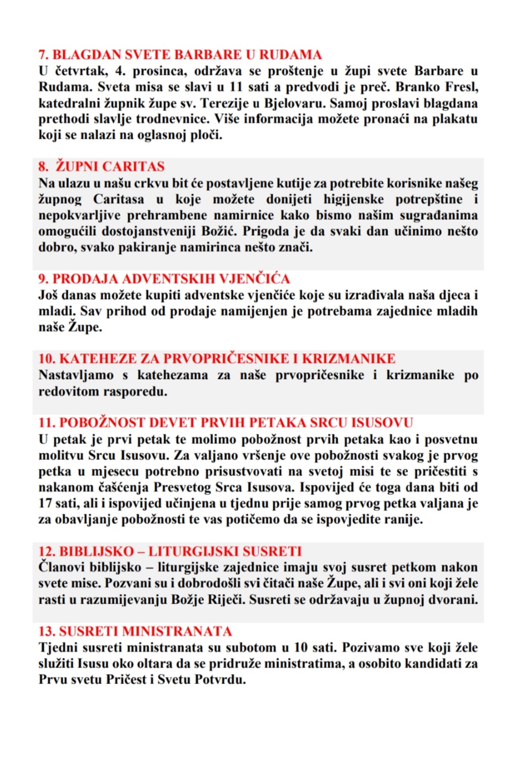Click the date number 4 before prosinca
pyautogui.click(x=119, y=71)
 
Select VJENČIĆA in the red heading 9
pyautogui.click(x=255, y=278)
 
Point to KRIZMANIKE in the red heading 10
pyautogui.click(x=349, y=358)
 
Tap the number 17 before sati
pyautogui.click(x=45, y=504)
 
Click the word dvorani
pyautogui.click(x=454, y=600)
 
